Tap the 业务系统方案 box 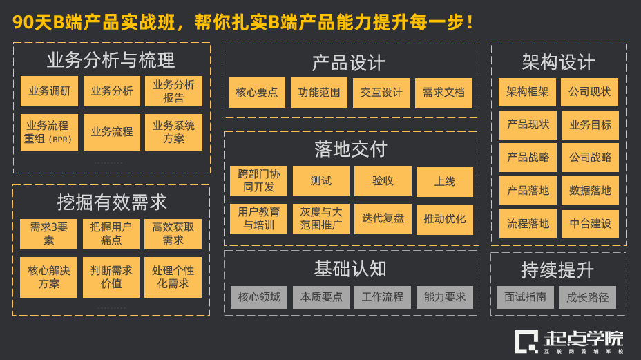coord(173,132)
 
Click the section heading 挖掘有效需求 coord(112,202)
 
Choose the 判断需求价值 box coord(111,277)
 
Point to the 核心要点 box coord(257,93)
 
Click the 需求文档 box coord(443,93)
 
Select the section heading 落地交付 coord(351,149)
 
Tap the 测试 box coord(320,181)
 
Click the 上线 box coord(445,181)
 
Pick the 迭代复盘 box coord(383,219)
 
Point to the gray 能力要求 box coord(445,297)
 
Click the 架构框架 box coord(528,92)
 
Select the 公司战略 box coord(590,158)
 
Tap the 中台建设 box coord(590,224)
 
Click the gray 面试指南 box coord(525,297)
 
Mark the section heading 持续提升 coord(557,269)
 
